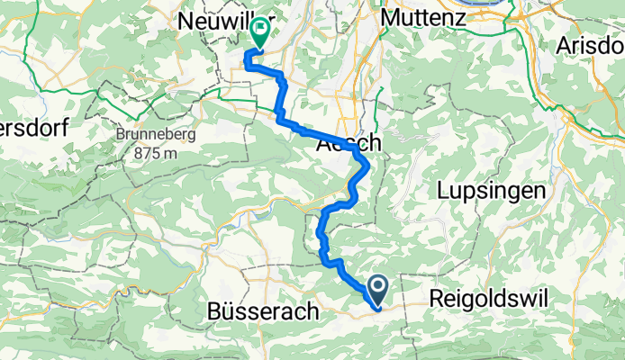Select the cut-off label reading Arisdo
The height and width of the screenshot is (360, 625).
(x=591, y=44)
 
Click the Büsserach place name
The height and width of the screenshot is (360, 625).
(x=262, y=312)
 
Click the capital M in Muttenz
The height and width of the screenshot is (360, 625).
(x=390, y=17)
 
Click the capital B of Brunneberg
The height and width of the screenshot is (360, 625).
(x=120, y=138)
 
